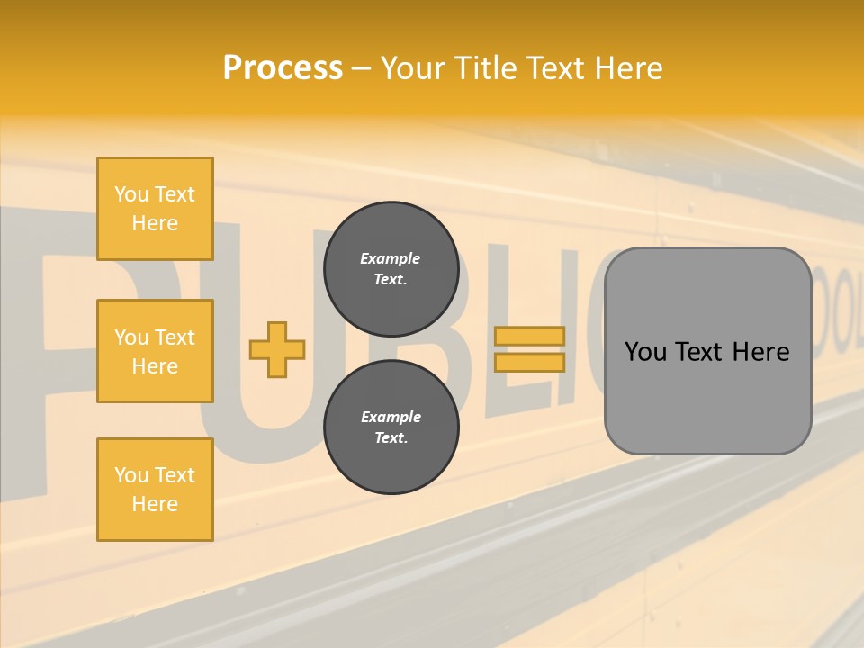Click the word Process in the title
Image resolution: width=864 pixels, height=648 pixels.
(283, 68)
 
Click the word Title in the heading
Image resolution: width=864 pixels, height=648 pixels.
(484, 68)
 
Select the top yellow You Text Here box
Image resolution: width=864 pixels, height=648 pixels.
(155, 209)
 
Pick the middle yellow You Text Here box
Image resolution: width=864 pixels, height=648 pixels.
(155, 351)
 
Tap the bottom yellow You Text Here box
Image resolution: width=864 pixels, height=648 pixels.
(155, 490)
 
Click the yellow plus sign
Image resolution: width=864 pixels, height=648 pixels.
(277, 349)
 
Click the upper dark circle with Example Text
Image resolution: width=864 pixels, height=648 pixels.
(391, 269)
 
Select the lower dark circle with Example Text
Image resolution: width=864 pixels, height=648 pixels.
(391, 427)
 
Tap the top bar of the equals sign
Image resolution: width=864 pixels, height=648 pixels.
(529, 337)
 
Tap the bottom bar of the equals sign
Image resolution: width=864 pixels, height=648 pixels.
(529, 362)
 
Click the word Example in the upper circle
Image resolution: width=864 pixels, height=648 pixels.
(391, 259)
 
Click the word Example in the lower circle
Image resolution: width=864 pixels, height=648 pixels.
(391, 418)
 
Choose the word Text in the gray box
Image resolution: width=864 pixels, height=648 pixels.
(701, 352)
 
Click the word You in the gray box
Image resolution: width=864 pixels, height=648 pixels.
(646, 352)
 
